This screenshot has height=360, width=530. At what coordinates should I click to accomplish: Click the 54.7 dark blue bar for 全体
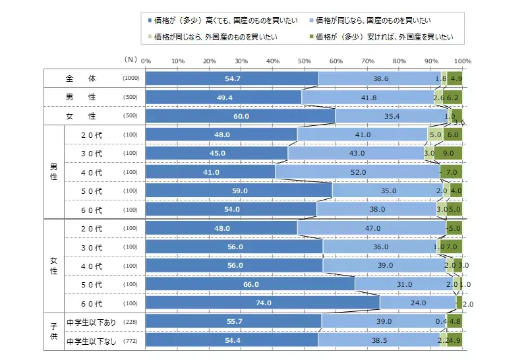(x=232, y=78)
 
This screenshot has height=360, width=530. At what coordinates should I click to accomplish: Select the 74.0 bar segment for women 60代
(x=262, y=303)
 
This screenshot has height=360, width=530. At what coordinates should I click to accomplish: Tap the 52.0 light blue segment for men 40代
(x=358, y=172)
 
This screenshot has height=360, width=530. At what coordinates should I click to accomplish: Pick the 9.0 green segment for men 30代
(x=448, y=153)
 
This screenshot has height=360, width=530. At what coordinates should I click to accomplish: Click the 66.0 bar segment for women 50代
(x=250, y=284)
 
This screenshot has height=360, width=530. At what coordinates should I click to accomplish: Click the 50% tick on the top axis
(x=304, y=61)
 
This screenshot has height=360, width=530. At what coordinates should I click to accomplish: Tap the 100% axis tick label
(x=461, y=61)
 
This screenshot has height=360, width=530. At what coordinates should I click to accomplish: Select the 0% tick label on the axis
(x=146, y=61)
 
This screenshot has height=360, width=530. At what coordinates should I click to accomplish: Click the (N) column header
(x=131, y=59)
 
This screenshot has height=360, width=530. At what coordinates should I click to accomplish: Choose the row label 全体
(x=81, y=78)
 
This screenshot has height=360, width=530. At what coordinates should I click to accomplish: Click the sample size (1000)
(x=131, y=78)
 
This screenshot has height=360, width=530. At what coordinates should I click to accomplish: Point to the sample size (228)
(x=131, y=322)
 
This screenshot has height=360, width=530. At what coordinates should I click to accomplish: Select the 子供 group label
(x=53, y=332)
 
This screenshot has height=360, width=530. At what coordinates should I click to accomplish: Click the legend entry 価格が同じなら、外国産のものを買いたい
(x=213, y=38)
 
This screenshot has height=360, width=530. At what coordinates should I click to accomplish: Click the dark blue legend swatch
(x=150, y=22)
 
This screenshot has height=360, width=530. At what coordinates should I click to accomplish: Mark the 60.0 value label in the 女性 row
(x=241, y=116)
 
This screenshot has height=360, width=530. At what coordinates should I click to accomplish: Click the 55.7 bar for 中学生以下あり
(x=233, y=322)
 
